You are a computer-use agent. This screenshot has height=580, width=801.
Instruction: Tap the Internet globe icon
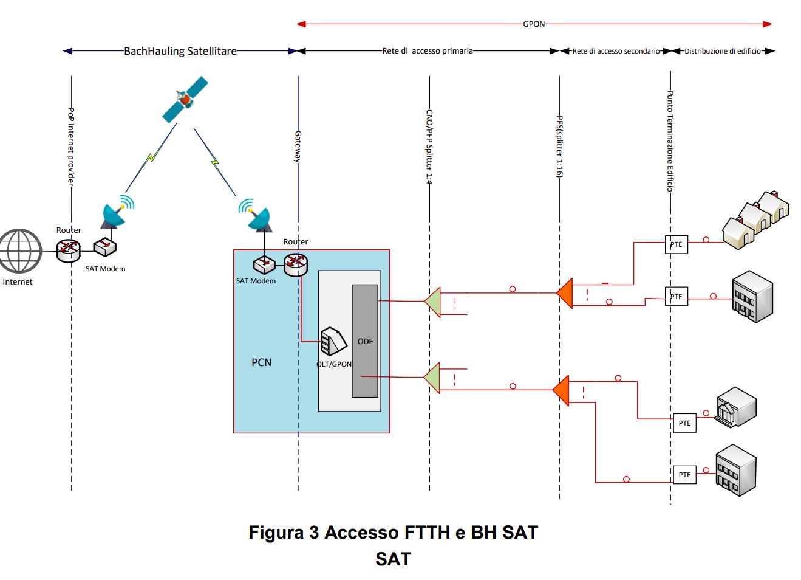[20, 250]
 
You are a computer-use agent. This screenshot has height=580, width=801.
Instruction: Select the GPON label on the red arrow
[534, 24]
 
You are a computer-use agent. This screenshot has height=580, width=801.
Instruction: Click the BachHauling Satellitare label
[180, 51]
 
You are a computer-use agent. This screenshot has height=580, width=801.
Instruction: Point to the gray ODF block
[365, 340]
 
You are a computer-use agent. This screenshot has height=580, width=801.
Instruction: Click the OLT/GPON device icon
[333, 342]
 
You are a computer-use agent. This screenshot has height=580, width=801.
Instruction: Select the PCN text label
[262, 362]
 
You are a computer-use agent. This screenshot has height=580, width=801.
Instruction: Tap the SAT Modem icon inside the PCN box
[264, 265]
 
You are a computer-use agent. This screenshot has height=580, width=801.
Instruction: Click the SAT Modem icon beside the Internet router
[104, 247]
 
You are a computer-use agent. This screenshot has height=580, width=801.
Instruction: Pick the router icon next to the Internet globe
[68, 248]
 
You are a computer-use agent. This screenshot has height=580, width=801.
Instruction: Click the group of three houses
[756, 219]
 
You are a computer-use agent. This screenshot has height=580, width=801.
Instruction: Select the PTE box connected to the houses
[677, 244]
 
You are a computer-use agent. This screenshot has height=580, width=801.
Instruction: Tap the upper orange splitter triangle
[565, 293]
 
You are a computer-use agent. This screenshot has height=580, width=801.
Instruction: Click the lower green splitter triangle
[432, 378]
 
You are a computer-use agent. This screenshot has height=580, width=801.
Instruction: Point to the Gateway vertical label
[298, 147]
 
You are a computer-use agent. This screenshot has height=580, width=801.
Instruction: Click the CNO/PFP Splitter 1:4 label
[429, 147]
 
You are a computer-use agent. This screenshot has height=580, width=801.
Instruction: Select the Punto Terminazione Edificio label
[670, 141]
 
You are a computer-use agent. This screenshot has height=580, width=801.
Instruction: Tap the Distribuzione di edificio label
[723, 51]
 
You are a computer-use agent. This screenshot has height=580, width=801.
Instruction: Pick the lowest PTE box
[685, 475]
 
